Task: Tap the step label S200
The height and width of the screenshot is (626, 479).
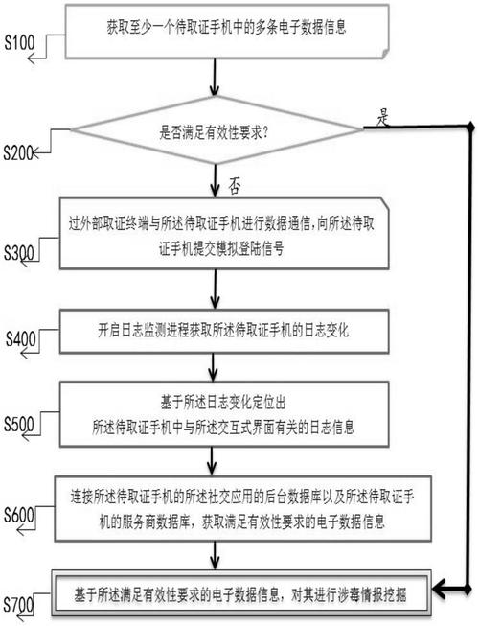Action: (20, 152)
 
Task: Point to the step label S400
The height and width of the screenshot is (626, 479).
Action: (22, 338)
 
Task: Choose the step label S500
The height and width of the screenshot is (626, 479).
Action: (21, 422)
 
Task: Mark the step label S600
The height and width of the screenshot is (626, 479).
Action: (21, 514)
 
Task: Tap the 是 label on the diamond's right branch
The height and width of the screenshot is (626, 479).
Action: (385, 118)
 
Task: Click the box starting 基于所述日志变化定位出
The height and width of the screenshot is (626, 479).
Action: (222, 409)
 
